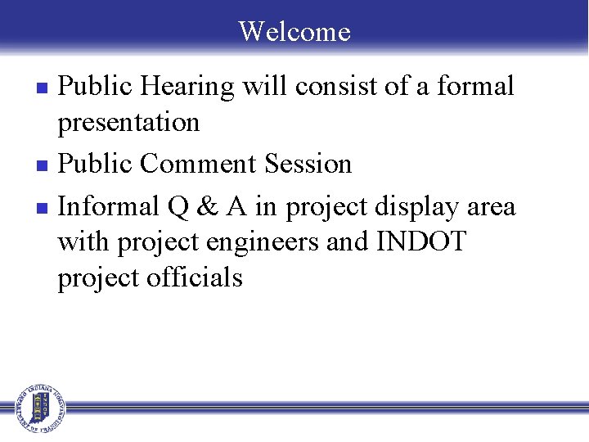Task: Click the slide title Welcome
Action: point(294,31)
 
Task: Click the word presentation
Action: point(128,123)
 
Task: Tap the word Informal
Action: point(110,206)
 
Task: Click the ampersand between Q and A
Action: point(207,206)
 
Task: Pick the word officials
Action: point(195,278)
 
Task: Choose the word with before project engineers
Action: point(84,242)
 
